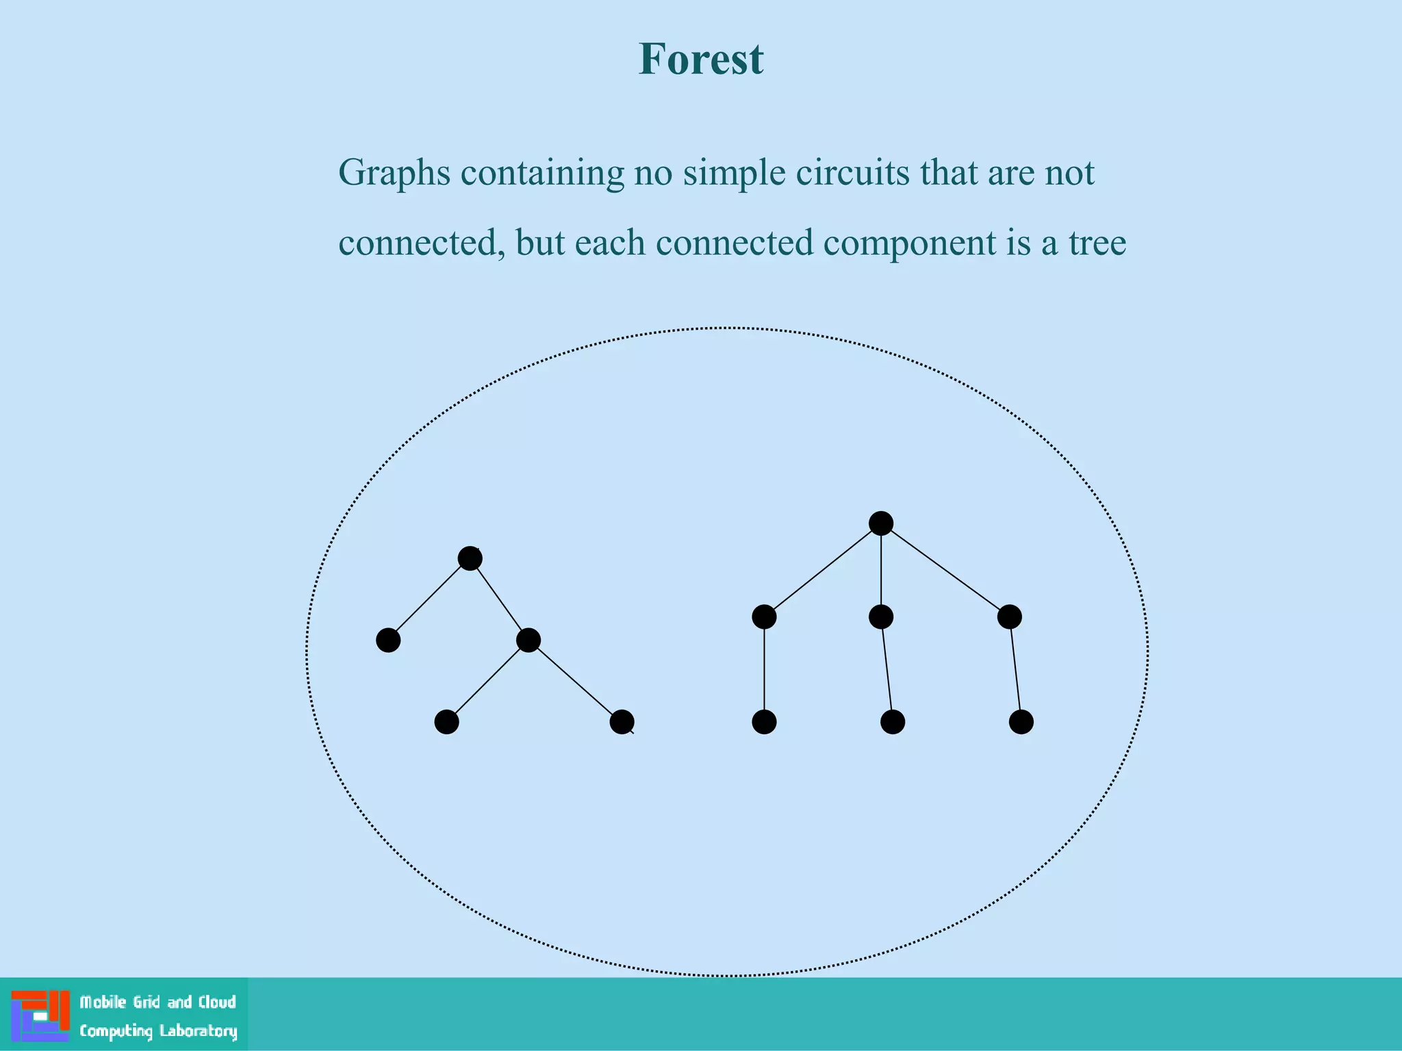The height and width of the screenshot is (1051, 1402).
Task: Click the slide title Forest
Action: [700, 59]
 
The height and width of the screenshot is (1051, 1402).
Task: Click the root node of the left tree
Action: [470, 558]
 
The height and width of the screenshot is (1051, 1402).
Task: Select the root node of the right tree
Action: [880, 523]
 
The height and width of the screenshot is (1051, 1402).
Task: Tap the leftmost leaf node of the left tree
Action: [388, 640]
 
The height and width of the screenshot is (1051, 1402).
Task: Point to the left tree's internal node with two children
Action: [528, 640]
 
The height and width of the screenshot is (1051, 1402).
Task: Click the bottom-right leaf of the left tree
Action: [622, 722]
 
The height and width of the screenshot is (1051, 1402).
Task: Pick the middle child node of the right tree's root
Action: [880, 617]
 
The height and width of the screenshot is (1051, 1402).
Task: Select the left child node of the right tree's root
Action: [764, 617]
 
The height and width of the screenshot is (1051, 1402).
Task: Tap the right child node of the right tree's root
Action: [1009, 617]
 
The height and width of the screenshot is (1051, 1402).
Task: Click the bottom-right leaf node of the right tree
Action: [1021, 722]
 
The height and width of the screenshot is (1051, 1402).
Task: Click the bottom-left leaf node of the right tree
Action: [764, 722]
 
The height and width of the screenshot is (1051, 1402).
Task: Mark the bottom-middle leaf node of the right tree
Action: [892, 722]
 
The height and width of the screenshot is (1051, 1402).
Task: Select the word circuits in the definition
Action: [852, 172]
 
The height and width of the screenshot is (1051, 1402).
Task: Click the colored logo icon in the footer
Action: [40, 1016]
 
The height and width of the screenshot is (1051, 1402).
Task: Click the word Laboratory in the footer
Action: [198, 1031]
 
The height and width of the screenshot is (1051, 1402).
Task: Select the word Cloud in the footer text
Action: [217, 1002]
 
